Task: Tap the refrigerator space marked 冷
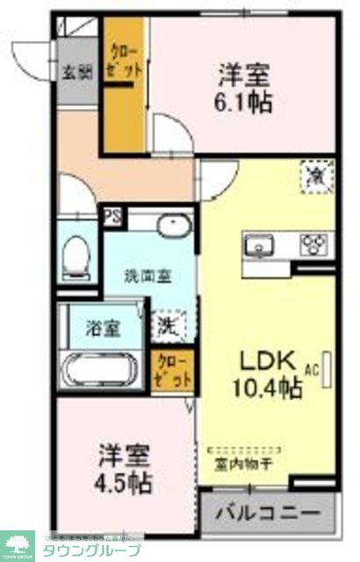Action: (x=314, y=175)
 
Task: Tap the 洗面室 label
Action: (x=147, y=275)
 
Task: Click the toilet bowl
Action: (x=78, y=255)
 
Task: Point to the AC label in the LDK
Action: (x=311, y=369)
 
